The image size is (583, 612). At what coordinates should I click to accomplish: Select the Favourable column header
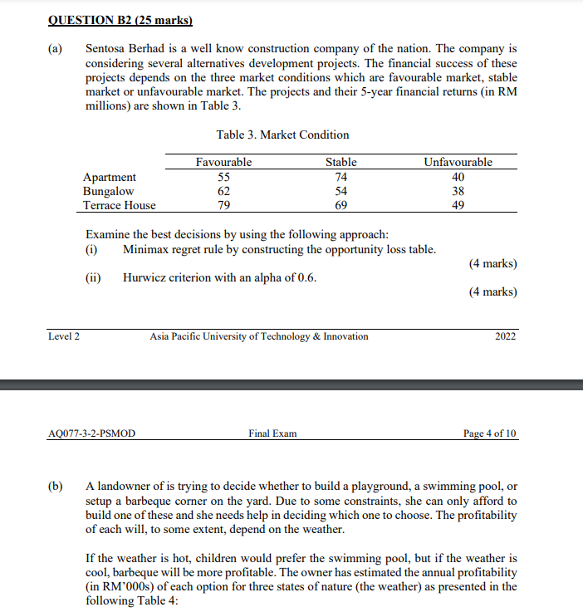(223, 162)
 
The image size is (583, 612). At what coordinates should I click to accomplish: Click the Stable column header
(340, 162)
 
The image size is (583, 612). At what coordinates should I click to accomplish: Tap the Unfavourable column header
(458, 162)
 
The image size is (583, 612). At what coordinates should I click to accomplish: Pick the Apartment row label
(110, 177)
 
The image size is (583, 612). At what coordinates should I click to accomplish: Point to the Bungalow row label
(108, 191)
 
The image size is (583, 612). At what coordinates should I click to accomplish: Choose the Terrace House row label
(120, 205)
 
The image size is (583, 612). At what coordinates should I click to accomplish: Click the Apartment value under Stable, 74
(340, 177)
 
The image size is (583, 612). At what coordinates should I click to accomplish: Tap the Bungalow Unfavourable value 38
(458, 191)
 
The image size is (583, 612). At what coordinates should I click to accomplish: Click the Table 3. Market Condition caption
(282, 135)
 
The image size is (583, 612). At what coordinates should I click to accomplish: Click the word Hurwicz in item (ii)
(146, 277)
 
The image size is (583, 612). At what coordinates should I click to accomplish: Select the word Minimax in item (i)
(147, 249)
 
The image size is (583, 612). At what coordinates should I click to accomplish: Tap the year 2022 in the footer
(505, 336)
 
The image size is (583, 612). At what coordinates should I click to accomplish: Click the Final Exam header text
(272, 433)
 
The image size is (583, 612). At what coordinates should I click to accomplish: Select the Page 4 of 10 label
(490, 433)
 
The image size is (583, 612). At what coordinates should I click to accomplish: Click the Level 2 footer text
(64, 336)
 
